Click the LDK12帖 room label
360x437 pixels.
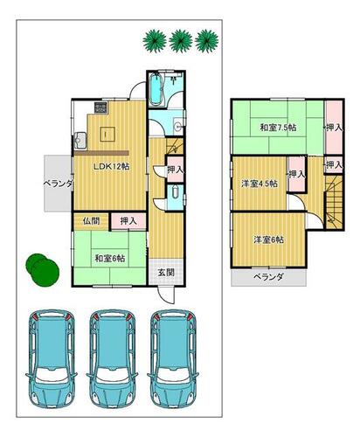click(111, 166)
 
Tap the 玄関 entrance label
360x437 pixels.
click(166, 273)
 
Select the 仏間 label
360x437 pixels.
click(91, 221)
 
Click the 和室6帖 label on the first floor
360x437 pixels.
click(110, 258)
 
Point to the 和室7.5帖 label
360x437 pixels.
click(279, 128)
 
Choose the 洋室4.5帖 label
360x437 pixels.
click(260, 184)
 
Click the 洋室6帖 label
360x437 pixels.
click(269, 239)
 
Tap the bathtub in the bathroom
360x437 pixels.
click(156, 89)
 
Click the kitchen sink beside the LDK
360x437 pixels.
click(80, 141)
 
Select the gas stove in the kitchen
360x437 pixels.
click(101, 108)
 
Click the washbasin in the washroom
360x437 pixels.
click(177, 126)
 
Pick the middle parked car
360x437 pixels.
click(112, 358)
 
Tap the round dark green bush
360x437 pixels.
click(43, 270)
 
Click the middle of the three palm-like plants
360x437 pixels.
click(181, 41)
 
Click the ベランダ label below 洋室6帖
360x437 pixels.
click(268, 277)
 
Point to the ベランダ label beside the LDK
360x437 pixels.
click(58, 184)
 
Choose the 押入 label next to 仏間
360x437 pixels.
click(128, 221)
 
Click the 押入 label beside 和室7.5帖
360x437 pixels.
click(334, 128)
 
